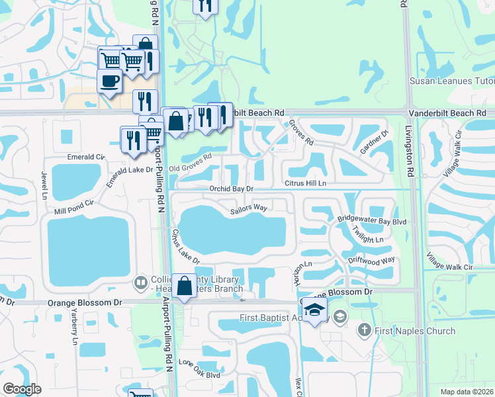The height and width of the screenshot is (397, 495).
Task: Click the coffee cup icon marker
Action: tap(109, 82)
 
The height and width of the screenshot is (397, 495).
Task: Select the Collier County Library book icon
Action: tap(140, 283)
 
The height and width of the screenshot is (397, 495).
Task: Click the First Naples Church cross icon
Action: tap(364, 330)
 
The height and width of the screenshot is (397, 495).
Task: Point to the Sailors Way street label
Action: tap(248, 209)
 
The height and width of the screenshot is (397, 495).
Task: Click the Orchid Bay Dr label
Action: tap(232, 189)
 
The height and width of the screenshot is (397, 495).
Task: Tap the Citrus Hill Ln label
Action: tap(305, 183)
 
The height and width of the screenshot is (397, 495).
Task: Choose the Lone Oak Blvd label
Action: tap(199, 369)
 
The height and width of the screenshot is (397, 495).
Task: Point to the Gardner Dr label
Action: tap(374, 143)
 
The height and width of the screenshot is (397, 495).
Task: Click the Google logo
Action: tap(22, 389)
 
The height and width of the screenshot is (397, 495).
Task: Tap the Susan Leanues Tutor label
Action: tap(452, 81)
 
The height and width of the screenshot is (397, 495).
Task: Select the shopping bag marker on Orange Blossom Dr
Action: tap(185, 287)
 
